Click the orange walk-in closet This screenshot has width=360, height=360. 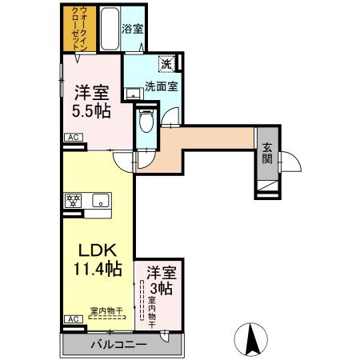(x=80, y=29)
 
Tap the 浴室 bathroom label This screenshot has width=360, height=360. (x=133, y=28)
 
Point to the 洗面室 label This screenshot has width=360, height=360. (x=160, y=86)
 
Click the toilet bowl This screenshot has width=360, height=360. (x=145, y=122)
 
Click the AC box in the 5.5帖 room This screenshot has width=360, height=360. (x=73, y=137)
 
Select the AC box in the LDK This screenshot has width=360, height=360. (x=73, y=318)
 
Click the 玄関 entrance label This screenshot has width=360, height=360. (x=266, y=154)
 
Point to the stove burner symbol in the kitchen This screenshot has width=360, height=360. (x=73, y=200)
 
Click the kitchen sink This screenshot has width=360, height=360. (x=102, y=200)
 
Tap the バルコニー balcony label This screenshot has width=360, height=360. (x=118, y=345)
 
